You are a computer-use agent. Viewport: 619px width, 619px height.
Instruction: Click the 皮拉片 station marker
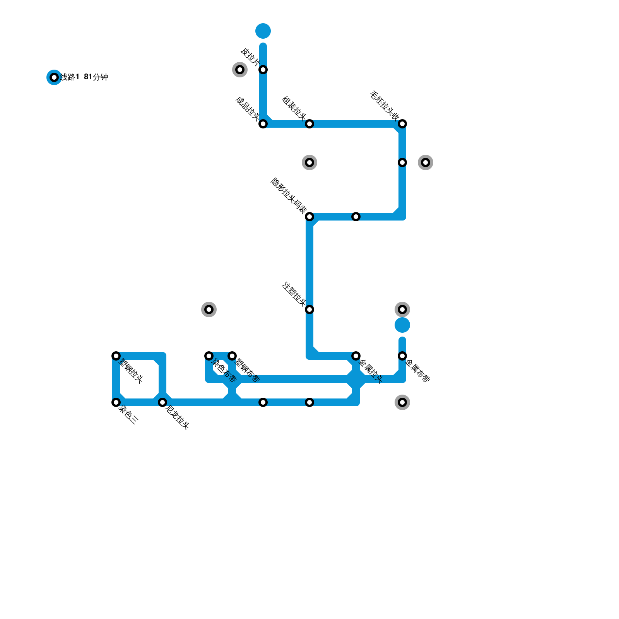263,70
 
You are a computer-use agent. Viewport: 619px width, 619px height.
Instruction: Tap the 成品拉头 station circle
263,124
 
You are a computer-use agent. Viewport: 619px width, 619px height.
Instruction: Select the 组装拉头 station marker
309,124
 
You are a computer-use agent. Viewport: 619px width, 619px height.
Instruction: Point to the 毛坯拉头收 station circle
402,124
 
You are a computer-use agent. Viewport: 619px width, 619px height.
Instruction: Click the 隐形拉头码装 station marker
309,217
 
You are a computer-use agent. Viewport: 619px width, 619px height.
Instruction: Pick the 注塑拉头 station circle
309,309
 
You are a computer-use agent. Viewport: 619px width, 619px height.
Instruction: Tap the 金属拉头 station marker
356,356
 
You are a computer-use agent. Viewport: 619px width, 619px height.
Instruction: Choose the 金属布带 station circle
402,356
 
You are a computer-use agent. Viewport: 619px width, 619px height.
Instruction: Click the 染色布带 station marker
209,356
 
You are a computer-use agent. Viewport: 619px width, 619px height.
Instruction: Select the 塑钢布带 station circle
232,356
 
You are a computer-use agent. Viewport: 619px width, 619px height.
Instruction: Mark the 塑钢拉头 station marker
116,356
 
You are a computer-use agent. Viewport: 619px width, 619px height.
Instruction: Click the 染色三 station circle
116,402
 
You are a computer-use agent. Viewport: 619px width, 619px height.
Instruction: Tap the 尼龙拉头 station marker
162,402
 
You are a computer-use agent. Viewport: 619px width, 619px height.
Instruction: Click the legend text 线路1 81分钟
84,77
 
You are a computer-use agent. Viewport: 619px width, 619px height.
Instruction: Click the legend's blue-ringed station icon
54,77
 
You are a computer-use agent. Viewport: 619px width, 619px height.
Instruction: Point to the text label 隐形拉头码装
288,196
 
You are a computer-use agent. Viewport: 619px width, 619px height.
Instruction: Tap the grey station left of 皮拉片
240,70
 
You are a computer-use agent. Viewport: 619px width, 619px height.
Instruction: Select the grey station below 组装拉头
309,162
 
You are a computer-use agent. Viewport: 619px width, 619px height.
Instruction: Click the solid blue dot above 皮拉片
263,31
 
